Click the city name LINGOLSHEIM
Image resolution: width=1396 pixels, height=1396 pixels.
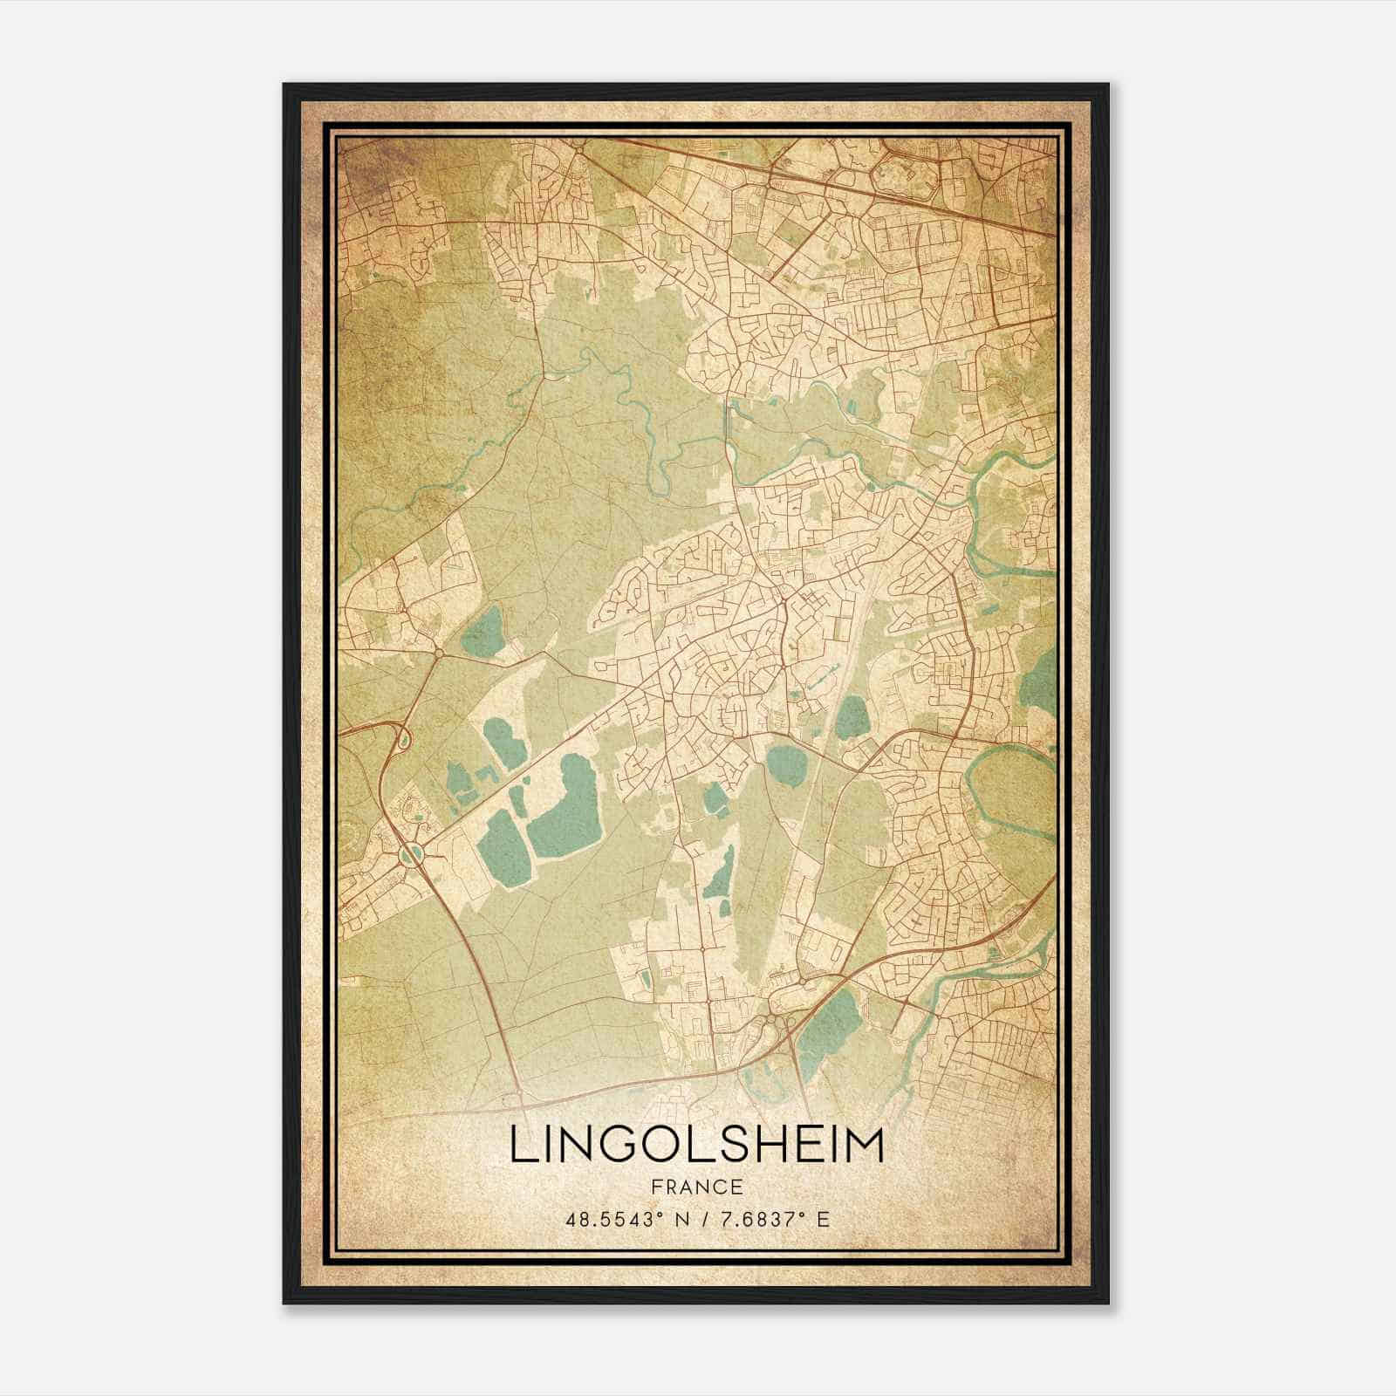[696, 1146]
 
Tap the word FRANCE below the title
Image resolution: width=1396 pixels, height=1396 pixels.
[696, 1187]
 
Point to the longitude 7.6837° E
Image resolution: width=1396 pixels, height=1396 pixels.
[772, 1218]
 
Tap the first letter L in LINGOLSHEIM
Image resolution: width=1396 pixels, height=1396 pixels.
[520, 1146]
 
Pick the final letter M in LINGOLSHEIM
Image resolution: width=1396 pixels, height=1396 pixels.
[865, 1146]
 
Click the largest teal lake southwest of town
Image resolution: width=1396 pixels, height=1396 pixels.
[563, 807]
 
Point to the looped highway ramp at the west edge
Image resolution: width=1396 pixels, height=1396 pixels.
[400, 738]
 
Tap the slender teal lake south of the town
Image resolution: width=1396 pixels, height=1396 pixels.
[720, 872]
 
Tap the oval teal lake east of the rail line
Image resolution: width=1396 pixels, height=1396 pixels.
[852, 717]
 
